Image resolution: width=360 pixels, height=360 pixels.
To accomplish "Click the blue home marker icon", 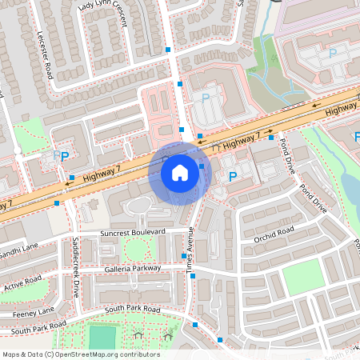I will (x=180, y=172).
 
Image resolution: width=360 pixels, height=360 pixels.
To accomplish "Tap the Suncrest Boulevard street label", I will (x=133, y=232).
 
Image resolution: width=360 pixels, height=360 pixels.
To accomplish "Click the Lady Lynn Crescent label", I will (x=102, y=14).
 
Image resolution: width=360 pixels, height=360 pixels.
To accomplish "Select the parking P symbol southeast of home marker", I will (x=233, y=176).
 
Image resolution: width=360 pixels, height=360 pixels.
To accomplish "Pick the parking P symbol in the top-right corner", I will (x=333, y=54).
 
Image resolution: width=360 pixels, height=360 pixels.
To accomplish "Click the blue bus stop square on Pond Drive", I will (x=271, y=137).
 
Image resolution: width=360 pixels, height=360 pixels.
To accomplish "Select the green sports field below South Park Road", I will (x=102, y=338).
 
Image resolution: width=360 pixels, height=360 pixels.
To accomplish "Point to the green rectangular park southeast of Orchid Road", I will (x=302, y=277).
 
